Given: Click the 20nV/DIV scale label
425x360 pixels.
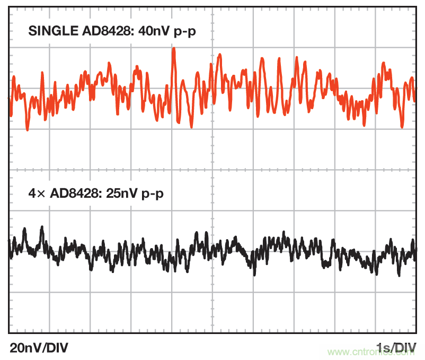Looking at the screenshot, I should coord(39,348).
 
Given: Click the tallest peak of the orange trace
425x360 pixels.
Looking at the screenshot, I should coord(173,49).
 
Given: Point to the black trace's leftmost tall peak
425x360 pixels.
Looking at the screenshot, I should coord(41,227).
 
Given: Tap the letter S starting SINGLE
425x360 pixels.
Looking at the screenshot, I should coord(32,31).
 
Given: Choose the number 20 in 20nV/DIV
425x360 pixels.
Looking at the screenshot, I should coord(16,348).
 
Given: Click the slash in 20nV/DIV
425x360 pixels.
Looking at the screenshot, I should coord(45,348).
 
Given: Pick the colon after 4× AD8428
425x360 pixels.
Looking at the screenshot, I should coord(93,194).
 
